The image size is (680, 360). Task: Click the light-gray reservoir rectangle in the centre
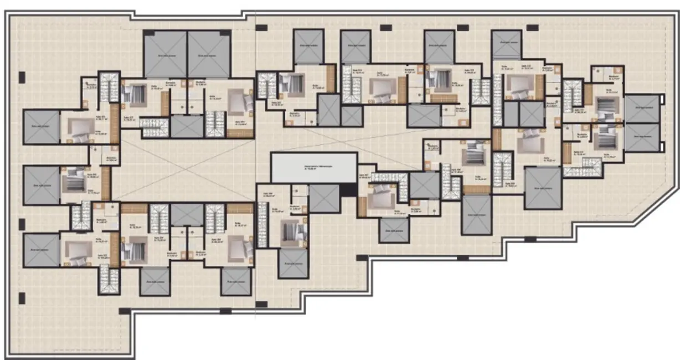[314, 167]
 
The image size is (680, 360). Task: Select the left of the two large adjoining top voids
[165, 54]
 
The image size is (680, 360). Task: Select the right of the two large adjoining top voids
[209, 54]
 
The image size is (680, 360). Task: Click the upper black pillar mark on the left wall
[22, 76]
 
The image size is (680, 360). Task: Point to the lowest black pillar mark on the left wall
[22, 297]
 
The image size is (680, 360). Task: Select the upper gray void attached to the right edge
[641, 108]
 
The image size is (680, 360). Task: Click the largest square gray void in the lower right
[543, 187]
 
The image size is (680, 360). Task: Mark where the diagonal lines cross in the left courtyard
[186, 168]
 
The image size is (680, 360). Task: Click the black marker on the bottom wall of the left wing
[225, 311]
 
